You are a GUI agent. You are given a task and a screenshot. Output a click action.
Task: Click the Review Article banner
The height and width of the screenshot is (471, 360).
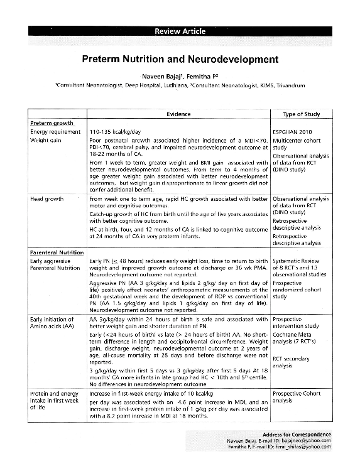click(180, 31)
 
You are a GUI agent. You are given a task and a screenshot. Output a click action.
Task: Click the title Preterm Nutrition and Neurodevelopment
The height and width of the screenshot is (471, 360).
click(180, 60)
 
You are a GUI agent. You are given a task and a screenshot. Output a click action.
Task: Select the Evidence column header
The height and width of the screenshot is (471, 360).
click(178, 114)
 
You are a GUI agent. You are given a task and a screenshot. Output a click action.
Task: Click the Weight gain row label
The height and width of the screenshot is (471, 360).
click(45, 140)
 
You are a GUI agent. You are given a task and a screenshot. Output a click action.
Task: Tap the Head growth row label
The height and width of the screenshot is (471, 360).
click(47, 198)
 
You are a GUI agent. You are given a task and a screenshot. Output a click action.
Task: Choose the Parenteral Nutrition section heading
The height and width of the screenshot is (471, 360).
click(57, 252)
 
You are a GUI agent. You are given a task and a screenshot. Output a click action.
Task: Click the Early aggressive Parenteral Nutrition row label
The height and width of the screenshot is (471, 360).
click(57, 264)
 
